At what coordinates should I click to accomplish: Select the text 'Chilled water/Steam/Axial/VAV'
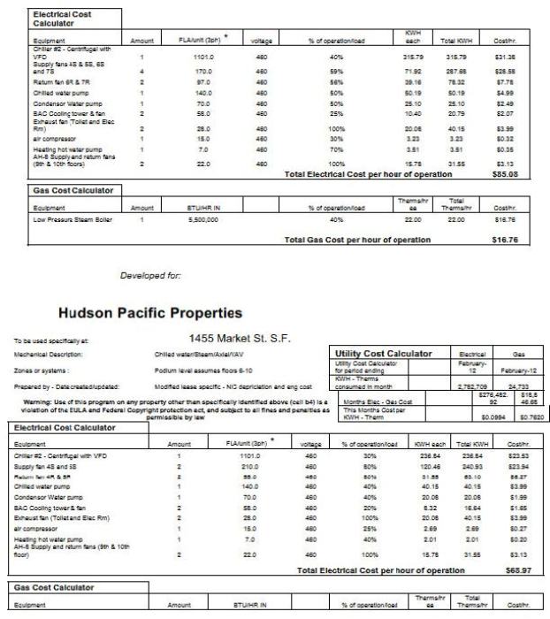(x=200, y=355)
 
